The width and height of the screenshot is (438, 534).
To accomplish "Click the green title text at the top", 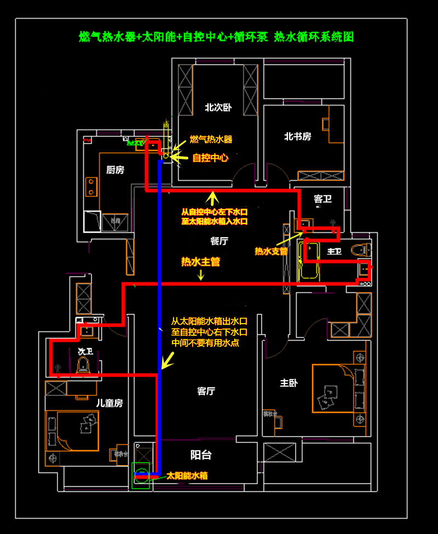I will [x=216, y=37].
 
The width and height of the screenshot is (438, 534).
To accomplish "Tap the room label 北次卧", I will [x=218, y=107].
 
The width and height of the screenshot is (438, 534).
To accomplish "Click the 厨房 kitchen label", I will [x=115, y=170].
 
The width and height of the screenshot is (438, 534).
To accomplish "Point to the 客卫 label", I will [x=322, y=199].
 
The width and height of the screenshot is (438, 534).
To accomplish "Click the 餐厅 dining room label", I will [x=219, y=240].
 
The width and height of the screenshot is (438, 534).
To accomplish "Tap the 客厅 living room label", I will [x=206, y=391].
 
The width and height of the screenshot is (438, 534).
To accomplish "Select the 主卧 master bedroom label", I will [x=288, y=383].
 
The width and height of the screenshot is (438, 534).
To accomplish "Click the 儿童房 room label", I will [x=109, y=403].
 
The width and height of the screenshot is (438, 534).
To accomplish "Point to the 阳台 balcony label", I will [x=200, y=455].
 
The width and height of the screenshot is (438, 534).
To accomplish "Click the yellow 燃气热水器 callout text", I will [x=211, y=140].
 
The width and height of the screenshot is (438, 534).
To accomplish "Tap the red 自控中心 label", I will [x=210, y=158].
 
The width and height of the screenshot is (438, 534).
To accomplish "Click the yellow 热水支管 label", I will [x=271, y=251].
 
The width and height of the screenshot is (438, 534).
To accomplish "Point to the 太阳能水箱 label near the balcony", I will [x=187, y=476].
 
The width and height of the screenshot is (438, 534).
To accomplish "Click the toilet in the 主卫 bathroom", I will [x=359, y=250].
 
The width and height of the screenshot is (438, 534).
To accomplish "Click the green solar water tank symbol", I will [x=142, y=474].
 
